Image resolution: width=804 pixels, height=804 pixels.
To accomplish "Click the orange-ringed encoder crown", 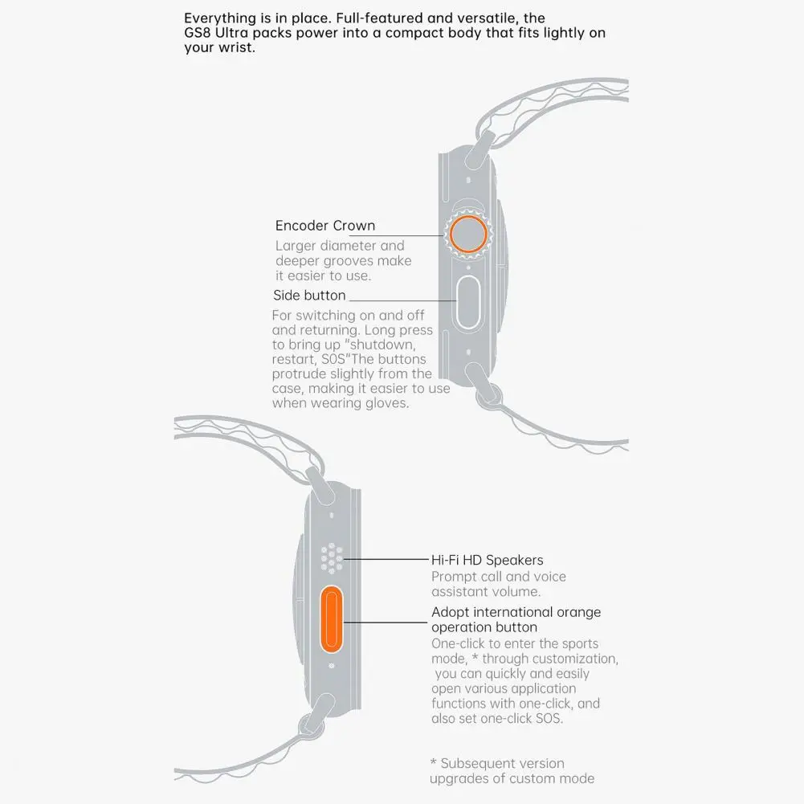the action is click(468, 234).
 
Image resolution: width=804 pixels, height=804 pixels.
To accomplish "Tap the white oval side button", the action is click(467, 303).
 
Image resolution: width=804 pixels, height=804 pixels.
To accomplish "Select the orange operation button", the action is click(331, 619).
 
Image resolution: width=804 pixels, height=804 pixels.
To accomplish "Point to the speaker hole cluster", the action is click(332, 558).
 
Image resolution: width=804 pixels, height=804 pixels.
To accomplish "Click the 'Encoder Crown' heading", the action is click(325, 226).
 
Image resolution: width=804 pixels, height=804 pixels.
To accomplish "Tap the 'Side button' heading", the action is click(309, 296).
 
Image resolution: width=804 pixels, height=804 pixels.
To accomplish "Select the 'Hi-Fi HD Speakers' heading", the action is click(487, 560).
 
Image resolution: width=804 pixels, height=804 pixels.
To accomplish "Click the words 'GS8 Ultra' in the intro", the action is click(216, 33).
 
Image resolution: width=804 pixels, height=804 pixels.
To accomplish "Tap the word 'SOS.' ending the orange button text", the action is click(549, 718).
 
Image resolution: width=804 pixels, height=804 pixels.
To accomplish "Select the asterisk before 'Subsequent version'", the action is click(434, 762).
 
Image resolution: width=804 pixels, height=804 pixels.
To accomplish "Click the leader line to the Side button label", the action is click(402, 300).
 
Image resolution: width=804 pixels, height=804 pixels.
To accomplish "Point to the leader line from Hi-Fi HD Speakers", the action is click(386, 559).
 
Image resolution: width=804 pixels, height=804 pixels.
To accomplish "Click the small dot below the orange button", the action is click(331, 666).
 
